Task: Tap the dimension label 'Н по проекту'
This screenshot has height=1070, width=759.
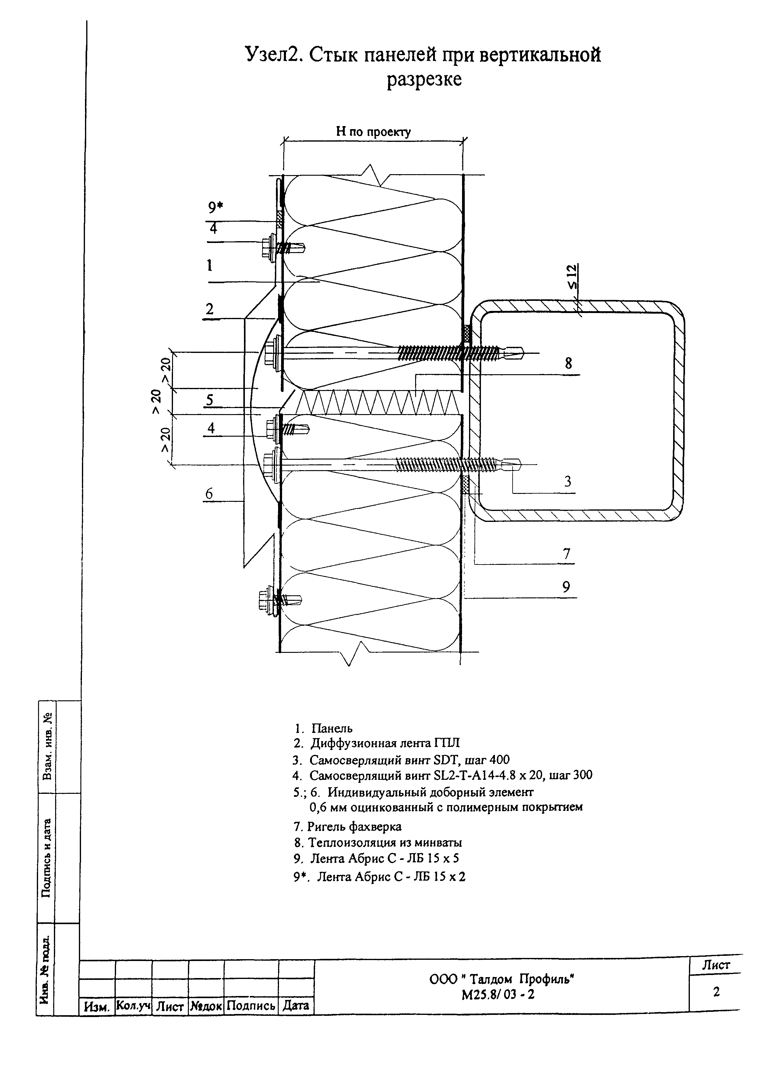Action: pyautogui.click(x=373, y=132)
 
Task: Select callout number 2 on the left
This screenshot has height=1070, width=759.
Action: pyautogui.click(x=209, y=309)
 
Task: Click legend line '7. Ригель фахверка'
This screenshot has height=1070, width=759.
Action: pyautogui.click(x=347, y=827)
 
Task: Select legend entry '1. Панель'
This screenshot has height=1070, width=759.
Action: pyautogui.click(x=323, y=728)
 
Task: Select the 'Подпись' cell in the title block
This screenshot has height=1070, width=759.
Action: pyautogui.click(x=251, y=1005)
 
